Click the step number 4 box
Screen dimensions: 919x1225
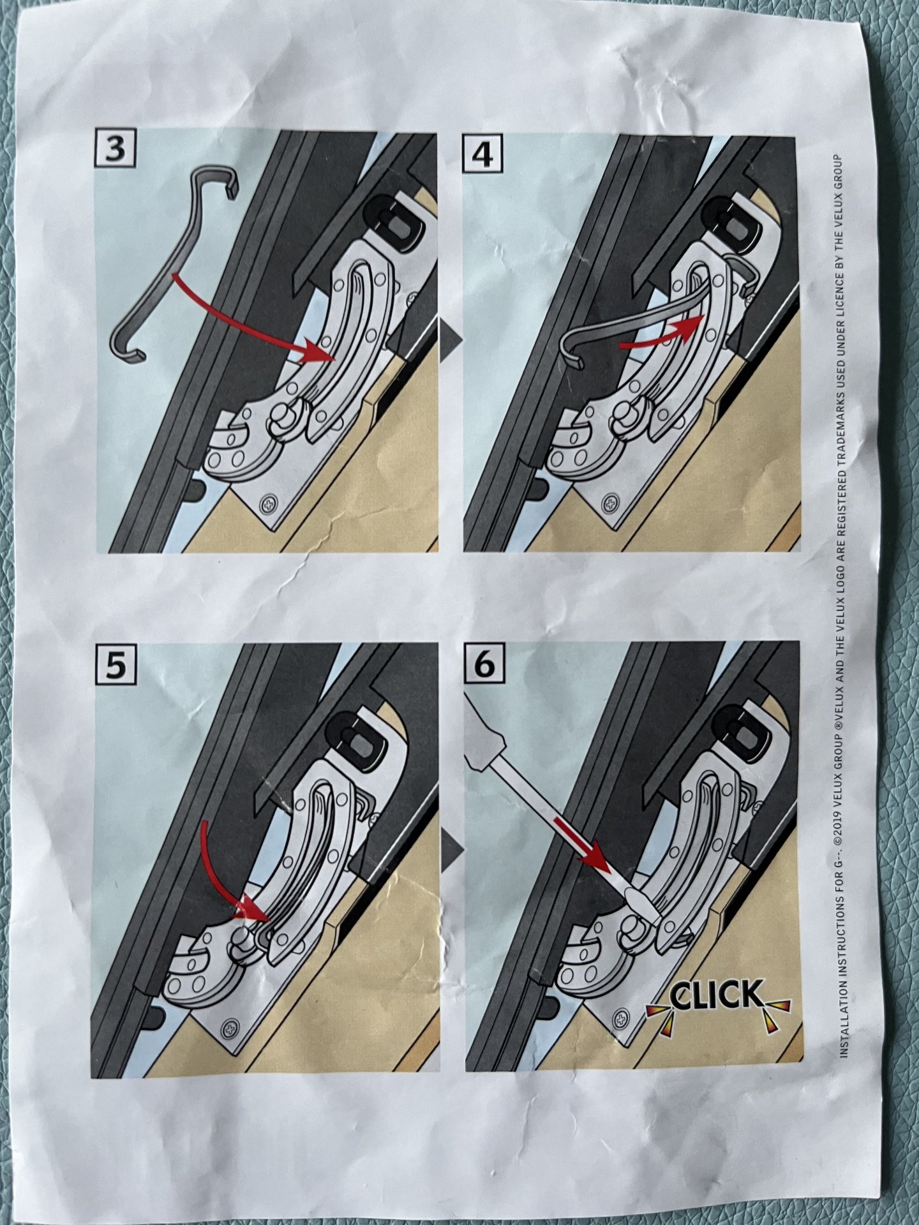click(x=484, y=154)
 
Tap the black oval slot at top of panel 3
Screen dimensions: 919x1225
click(x=394, y=217)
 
